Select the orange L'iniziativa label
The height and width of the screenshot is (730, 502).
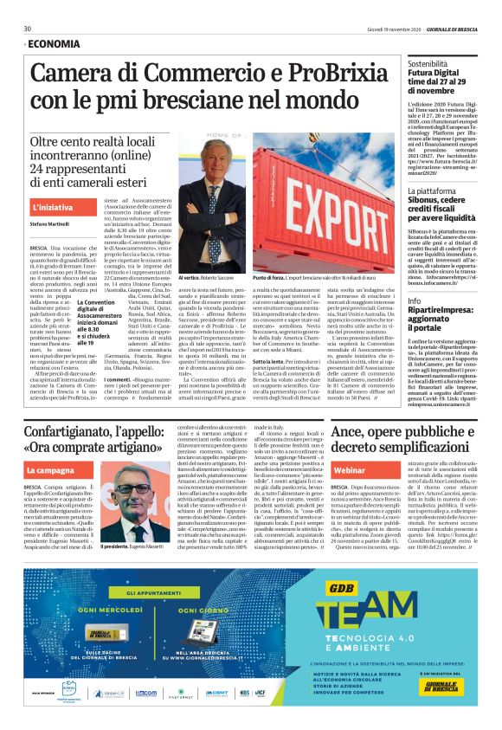coord(52,209)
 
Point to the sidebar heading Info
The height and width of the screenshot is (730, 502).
coord(415,300)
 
